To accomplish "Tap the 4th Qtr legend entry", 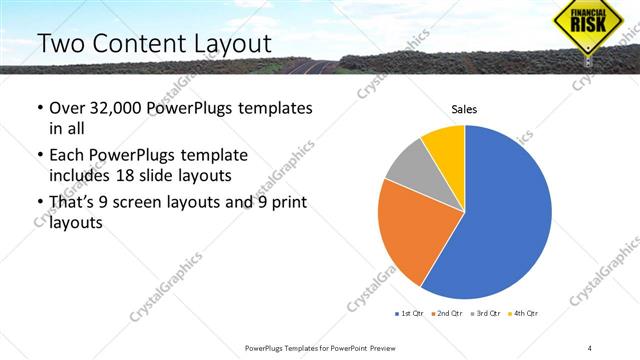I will tap(524, 313).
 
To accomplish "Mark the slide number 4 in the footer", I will tap(589, 348).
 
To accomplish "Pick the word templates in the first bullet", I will tap(273, 108).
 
